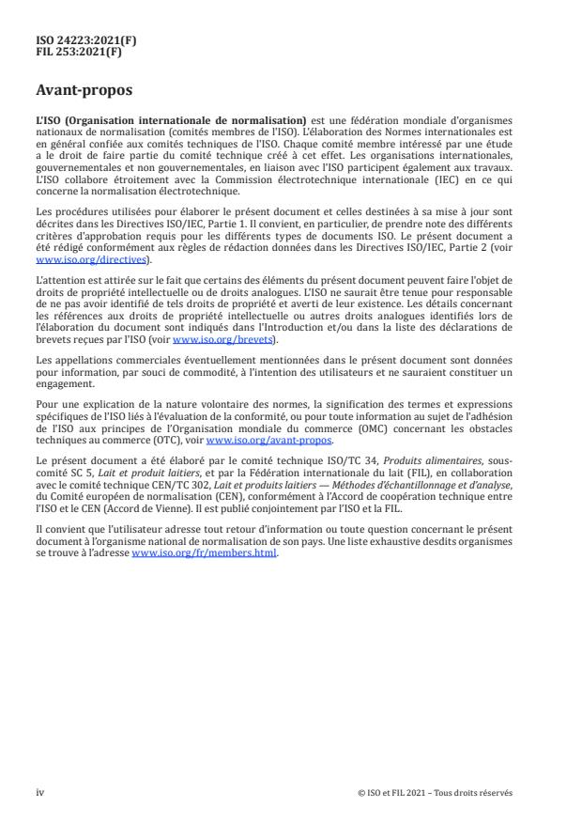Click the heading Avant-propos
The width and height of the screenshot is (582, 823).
coord(84,92)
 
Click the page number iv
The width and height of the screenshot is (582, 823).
coord(39,793)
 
